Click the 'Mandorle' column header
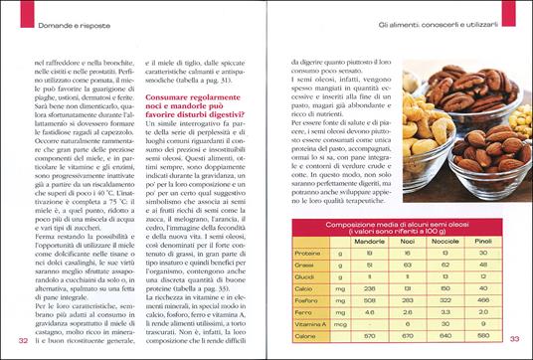click(367, 242)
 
